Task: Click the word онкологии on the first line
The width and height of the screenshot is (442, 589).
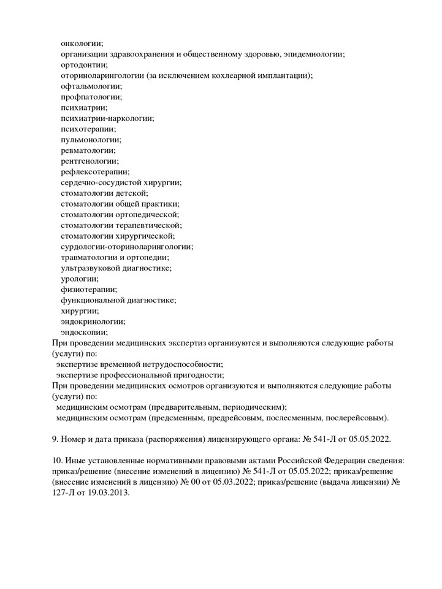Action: coord(82,43)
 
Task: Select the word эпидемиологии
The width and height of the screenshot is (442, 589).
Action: coord(313,54)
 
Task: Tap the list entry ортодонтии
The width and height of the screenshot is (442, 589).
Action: coord(84,64)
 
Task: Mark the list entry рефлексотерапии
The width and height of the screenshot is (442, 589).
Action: coord(95,172)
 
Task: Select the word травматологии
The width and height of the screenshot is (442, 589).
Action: coord(91,257)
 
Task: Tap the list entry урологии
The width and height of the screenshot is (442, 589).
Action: coord(79,279)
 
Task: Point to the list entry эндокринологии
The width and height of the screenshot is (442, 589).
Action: coord(93,321)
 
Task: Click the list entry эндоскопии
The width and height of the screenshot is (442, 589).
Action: coord(84,332)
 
